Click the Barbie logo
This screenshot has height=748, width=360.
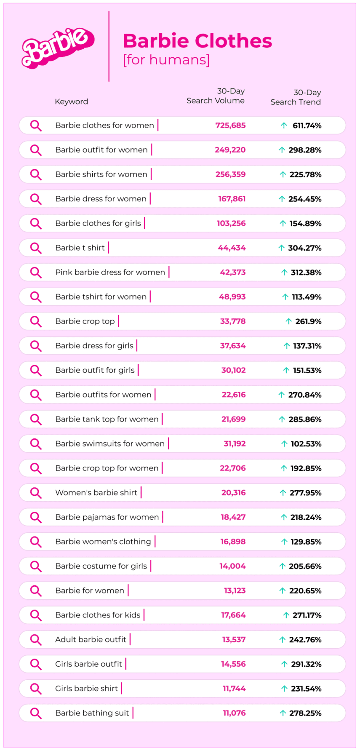point(58,48)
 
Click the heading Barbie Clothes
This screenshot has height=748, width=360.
point(197,41)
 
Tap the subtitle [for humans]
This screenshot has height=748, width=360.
point(166,60)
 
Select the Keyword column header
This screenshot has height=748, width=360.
point(71,102)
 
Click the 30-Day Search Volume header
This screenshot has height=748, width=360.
point(216,96)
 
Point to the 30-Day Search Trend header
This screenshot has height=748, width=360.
point(296,97)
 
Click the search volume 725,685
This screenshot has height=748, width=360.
point(230,126)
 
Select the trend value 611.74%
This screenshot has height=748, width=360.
point(307,126)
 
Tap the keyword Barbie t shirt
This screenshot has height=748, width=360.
point(80,248)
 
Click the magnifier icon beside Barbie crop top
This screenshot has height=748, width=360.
point(36,321)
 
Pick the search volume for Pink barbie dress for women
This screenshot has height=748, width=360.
point(232,272)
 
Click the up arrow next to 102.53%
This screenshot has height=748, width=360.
point(285,444)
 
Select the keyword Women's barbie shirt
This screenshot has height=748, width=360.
point(96,493)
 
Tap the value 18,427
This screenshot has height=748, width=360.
point(233,517)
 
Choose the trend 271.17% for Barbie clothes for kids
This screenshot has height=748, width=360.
point(307,615)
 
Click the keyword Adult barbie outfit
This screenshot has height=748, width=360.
point(91,640)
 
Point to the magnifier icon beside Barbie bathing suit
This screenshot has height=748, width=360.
point(36,713)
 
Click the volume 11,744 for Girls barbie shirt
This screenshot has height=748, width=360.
point(234,689)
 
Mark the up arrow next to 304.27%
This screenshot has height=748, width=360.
point(282,248)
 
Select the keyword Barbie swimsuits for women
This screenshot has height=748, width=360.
point(110,444)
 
